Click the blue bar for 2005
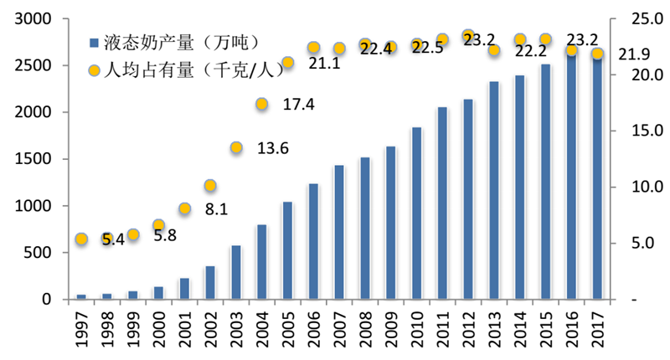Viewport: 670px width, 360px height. point(287,250)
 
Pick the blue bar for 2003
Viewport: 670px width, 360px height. point(236,272)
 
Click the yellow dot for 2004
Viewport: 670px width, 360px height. point(262,104)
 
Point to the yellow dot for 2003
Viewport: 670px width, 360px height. point(236,148)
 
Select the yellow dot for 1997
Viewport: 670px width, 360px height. point(81,239)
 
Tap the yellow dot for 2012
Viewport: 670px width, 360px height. point(468,36)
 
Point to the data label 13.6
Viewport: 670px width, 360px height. point(273,149)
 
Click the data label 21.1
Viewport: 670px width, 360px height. point(324,64)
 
